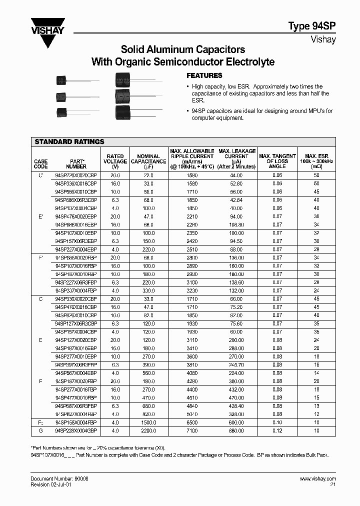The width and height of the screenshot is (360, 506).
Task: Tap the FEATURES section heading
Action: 204,75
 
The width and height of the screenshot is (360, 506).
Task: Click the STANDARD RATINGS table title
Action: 69,142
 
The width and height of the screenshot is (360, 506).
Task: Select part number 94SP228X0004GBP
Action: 76,430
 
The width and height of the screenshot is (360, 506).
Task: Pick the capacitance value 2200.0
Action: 148,430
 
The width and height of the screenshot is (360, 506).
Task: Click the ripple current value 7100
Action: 192,430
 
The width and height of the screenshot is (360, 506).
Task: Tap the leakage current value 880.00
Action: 236,430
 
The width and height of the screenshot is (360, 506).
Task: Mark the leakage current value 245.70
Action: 236,365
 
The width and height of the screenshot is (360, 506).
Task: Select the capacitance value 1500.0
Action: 148,422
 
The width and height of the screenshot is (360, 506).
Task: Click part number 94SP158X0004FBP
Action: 76,422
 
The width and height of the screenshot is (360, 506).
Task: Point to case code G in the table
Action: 40,430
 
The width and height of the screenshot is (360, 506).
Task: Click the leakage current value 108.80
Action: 236,225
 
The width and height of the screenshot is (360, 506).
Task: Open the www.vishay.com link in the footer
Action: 317,478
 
